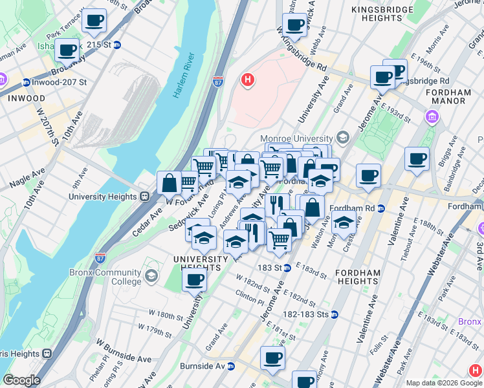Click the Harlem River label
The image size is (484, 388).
pyautogui.click(x=184, y=76)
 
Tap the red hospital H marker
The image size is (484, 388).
pyautogui.click(x=247, y=80)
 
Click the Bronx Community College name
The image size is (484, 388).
pyautogui.click(x=105, y=277)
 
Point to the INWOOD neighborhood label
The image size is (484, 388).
pyautogui.click(x=27, y=98)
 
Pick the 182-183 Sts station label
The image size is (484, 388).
pyautogui.click(x=305, y=314)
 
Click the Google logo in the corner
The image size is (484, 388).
pyautogui.click(x=21, y=380)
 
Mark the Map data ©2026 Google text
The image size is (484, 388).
pyautogui.click(x=443, y=383)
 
